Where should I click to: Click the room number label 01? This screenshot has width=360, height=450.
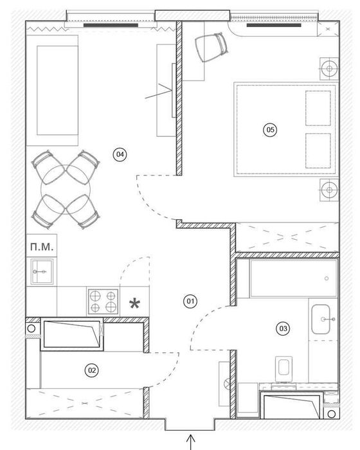(191, 301)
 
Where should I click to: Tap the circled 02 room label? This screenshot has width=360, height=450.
(91, 370)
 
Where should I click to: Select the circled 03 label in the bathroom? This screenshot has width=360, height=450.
(283, 328)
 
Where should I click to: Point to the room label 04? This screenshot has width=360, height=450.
(120, 154)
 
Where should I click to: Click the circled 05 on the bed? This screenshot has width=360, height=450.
(271, 130)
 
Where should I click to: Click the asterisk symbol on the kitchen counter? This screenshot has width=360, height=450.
(134, 303)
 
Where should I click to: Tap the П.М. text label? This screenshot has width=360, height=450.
(42, 246)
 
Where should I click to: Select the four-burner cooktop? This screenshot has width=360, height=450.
(104, 301)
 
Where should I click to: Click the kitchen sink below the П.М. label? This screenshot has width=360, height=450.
(42, 271)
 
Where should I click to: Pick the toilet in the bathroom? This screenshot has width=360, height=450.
(283, 369)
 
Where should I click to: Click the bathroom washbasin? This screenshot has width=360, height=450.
(321, 319)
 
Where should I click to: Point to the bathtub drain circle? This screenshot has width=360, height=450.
(327, 278)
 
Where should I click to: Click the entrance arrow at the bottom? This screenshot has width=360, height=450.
(191, 442)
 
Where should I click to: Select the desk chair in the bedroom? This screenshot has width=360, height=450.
(212, 48)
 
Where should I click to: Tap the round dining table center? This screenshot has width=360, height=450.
(66, 189)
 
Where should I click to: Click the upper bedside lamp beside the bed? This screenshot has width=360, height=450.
(329, 69)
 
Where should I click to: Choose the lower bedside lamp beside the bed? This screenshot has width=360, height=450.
(329, 190)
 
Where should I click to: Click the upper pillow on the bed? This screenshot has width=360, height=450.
(318, 108)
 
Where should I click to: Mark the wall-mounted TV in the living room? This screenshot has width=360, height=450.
(174, 90)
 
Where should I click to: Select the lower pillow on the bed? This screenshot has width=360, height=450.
(318, 150)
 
